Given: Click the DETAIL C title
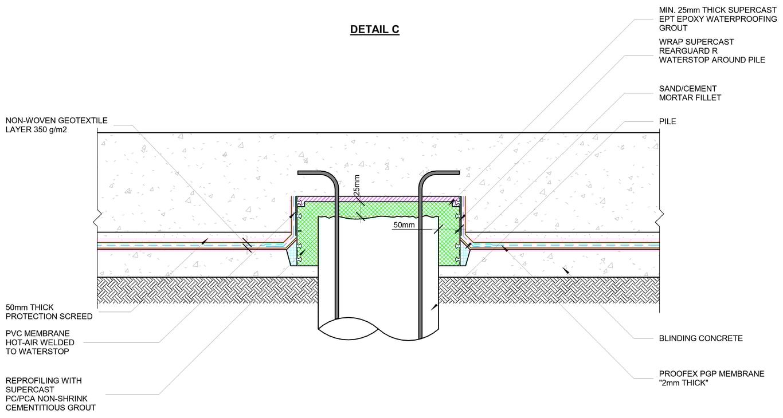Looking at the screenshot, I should tap(374, 30).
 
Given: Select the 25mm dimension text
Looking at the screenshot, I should tap(357, 184).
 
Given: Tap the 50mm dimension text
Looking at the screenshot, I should tap(404, 226).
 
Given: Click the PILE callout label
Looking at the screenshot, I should tap(667, 121).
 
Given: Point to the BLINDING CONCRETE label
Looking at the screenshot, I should tap(700, 338).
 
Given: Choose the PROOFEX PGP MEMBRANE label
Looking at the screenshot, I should tap(711, 374).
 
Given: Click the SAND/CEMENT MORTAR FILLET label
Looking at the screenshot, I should tap(690, 93).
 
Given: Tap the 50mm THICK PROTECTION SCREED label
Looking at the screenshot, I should tap(49, 312).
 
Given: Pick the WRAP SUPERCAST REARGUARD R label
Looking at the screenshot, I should tap(711, 51).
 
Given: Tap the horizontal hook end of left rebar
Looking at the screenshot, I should tap(312, 172).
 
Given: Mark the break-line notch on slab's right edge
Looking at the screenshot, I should tap(660, 215).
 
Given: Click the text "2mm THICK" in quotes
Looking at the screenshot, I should tap(683, 383).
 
